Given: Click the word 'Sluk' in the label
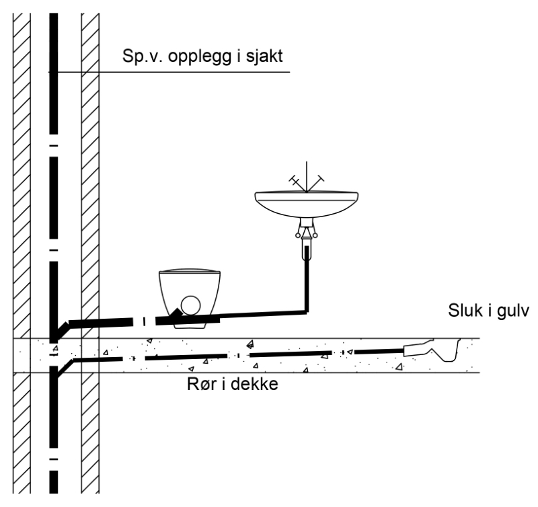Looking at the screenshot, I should pyautogui.click(x=463, y=311).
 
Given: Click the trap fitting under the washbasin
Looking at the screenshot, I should pyautogui.click(x=307, y=234).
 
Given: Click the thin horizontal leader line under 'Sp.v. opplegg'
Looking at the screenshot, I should pyautogui.click(x=202, y=71).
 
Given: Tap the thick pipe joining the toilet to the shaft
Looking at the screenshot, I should pyautogui.click(x=101, y=321).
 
